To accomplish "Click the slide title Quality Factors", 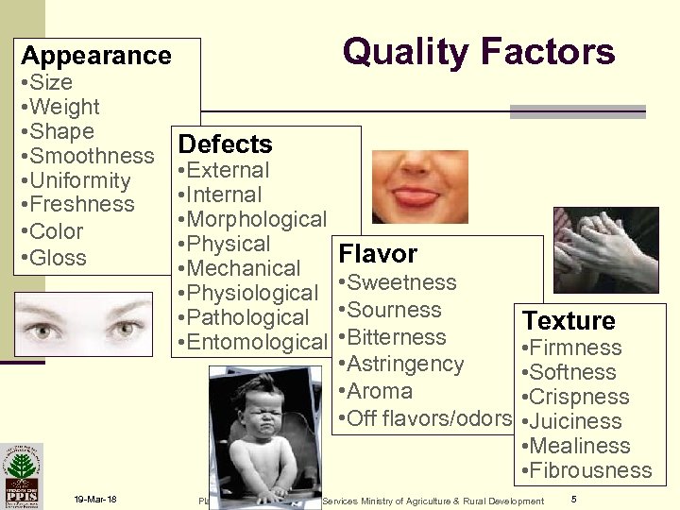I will (x=478, y=51).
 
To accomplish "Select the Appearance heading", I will (x=96, y=56).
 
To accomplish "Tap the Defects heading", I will (x=226, y=144).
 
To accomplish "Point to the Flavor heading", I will (x=378, y=254).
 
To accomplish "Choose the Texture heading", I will (x=569, y=321).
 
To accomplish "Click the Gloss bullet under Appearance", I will (x=53, y=258).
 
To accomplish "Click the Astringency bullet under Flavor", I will (x=400, y=365).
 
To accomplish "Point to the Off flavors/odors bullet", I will (x=424, y=418).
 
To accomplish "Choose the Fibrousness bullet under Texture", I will (x=586, y=470).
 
